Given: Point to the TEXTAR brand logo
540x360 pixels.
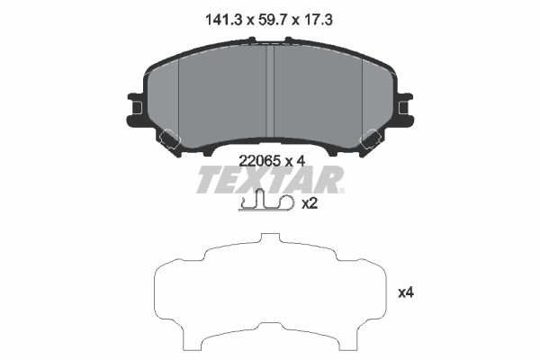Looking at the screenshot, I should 270,180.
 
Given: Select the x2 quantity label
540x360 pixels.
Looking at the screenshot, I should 310,203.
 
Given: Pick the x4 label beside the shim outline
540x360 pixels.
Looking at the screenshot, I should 406,292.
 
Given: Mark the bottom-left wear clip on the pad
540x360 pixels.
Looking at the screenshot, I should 169,139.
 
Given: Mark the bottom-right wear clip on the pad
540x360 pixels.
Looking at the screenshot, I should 370,139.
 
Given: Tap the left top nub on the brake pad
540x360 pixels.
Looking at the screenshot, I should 252,40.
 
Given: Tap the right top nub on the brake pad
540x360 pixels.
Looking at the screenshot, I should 289,40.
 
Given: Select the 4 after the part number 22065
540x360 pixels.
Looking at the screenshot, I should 302,161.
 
